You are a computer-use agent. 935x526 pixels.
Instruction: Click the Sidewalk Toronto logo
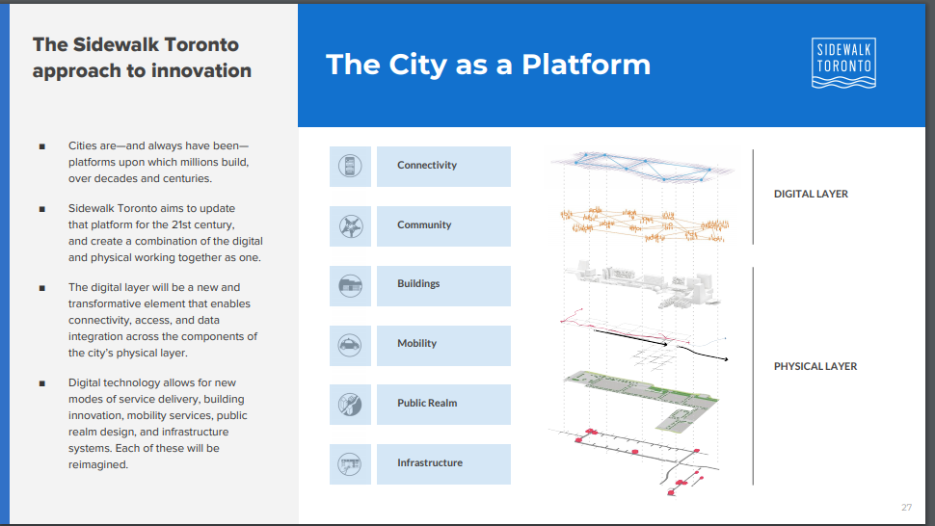pos(843,64)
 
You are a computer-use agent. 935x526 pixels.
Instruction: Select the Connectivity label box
pos(443,167)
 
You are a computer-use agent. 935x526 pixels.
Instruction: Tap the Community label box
pos(443,226)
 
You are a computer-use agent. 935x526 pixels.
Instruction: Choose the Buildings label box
pos(443,286)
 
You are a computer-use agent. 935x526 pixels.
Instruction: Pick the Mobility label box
pos(443,346)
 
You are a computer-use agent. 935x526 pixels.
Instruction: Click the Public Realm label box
pos(443,405)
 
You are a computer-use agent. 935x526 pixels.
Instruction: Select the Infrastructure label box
pos(443,464)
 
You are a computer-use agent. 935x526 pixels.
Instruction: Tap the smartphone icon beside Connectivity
pos(350,167)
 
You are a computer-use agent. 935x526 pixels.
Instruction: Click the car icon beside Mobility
pos(350,346)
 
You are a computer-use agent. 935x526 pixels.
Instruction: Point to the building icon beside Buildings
pos(350,286)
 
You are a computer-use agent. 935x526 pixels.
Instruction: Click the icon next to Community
pos(350,226)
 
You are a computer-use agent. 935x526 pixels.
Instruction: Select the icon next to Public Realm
pos(350,405)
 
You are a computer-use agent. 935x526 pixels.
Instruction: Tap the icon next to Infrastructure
pos(350,464)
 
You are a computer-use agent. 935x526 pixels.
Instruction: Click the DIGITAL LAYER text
pos(811,195)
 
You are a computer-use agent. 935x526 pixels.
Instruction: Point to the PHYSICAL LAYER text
pos(815,366)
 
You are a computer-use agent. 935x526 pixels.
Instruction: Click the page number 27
pos(906,508)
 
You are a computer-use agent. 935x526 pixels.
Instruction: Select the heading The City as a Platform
pos(488,65)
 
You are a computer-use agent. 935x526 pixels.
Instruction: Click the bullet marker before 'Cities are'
pos(42,146)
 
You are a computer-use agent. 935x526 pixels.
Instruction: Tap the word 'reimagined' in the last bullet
pos(97,464)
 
